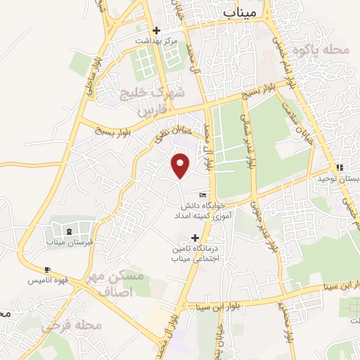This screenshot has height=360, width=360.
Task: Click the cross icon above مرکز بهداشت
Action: pyautogui.click(x=156, y=30)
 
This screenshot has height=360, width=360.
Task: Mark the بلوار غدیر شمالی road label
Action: pyautogui.click(x=247, y=141)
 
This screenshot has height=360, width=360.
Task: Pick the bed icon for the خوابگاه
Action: pyautogui.click(x=203, y=195)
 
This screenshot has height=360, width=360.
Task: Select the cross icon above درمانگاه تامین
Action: pyautogui.click(x=195, y=238)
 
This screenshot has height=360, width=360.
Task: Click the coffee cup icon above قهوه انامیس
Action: pyautogui.click(x=47, y=270)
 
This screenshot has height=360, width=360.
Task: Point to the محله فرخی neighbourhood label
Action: pyautogui.click(x=71, y=325)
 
